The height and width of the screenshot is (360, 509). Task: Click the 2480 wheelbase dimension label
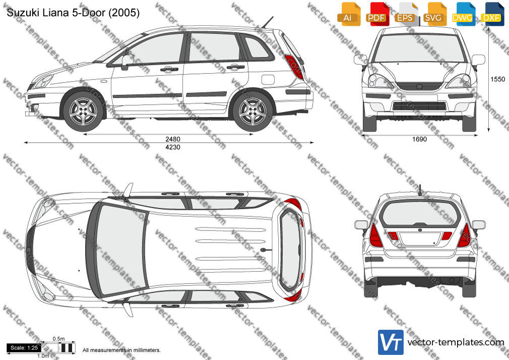(x=173, y=139)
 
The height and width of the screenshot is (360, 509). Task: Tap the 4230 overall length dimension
(x=173, y=147)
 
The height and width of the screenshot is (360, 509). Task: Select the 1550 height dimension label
(x=497, y=79)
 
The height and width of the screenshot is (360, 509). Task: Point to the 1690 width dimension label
(x=419, y=139)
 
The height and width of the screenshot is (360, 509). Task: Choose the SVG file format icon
(x=434, y=14)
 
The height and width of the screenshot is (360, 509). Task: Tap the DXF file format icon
(x=492, y=14)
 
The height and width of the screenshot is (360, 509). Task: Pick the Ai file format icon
(x=349, y=14)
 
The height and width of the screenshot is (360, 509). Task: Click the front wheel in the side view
(x=84, y=111)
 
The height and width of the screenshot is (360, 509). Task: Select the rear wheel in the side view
(x=252, y=111)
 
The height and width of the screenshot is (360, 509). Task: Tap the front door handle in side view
(x=169, y=69)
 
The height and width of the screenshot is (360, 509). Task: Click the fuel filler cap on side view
(x=268, y=80)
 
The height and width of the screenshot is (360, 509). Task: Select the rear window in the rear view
(x=420, y=213)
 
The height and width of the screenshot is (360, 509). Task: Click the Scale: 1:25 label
(x=24, y=348)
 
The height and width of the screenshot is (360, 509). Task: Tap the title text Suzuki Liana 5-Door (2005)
(x=74, y=13)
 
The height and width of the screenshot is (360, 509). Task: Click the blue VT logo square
(x=391, y=342)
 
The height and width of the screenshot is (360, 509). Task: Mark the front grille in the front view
(x=419, y=86)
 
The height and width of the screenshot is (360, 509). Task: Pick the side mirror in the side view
(x=127, y=62)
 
